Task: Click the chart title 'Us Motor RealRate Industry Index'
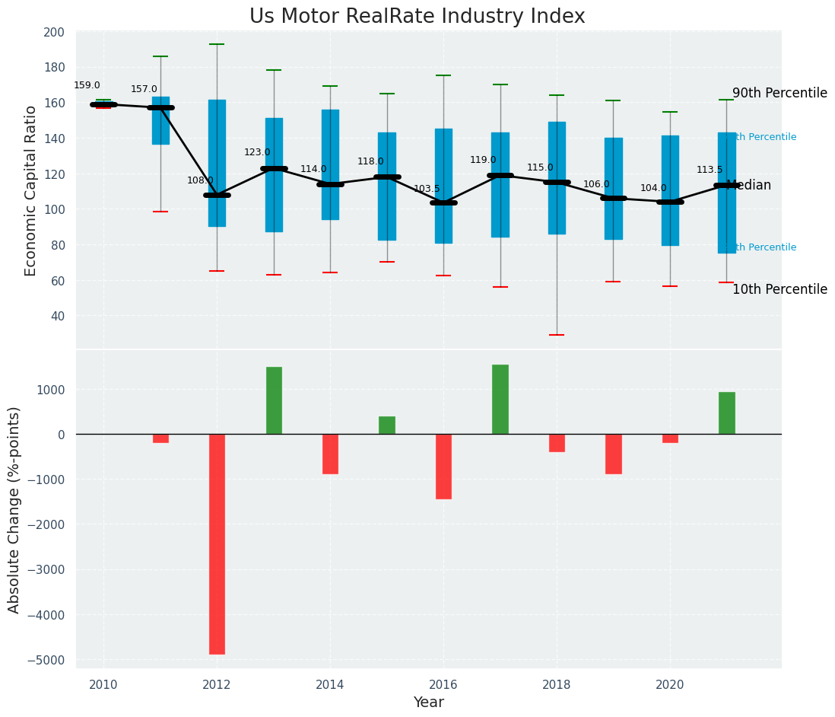(417, 17)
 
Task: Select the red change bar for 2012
(217, 543)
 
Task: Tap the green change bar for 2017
(500, 400)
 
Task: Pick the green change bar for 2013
(274, 400)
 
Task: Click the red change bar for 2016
(443, 466)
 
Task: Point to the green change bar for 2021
(726, 413)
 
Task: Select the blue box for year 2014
(330, 164)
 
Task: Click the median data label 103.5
(427, 189)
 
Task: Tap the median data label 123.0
(257, 152)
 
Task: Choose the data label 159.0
(87, 85)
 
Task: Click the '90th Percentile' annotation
(779, 94)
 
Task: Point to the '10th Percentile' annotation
(779, 290)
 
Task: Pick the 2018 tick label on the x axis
(557, 685)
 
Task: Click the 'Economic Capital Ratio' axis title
(31, 190)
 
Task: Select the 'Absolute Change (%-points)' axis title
(14, 509)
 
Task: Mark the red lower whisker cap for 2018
(557, 335)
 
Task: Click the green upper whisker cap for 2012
(217, 44)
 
